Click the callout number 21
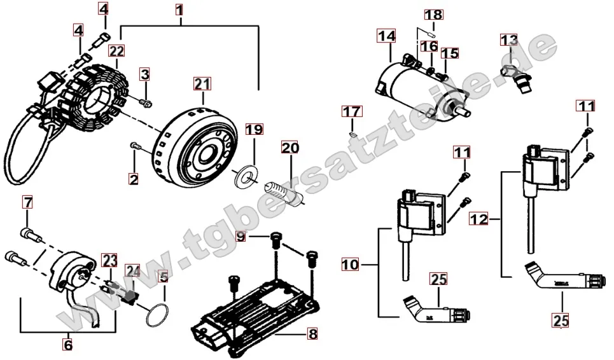tap(201, 84)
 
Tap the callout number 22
tap(116, 50)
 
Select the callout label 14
tap(386, 36)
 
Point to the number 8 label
tap(311, 333)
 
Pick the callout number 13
tap(508, 41)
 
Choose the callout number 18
tap(433, 14)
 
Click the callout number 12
tap(480, 219)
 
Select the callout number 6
tap(67, 345)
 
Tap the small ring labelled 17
tap(352, 134)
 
